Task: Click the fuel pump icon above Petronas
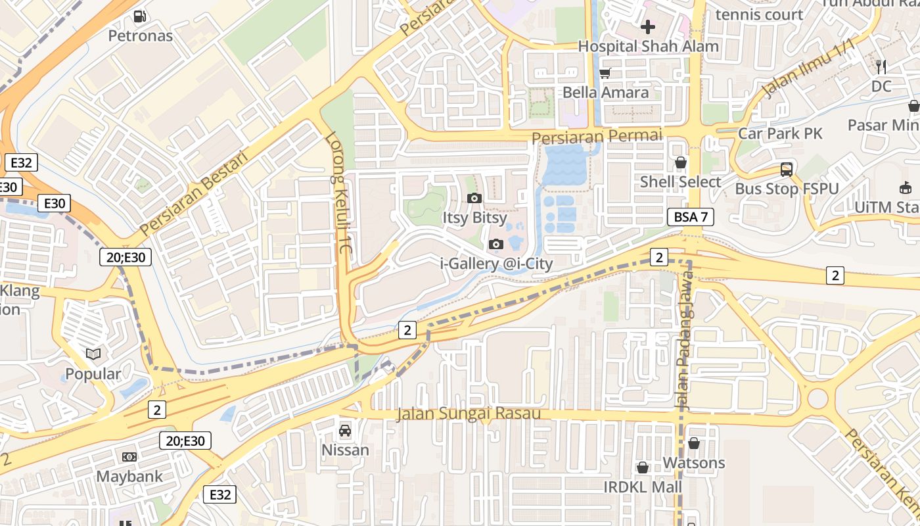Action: pyautogui.click(x=139, y=16)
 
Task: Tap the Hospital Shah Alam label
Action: pyautogui.click(x=648, y=47)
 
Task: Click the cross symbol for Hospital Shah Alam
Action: pyautogui.click(x=648, y=27)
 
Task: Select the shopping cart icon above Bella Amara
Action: pyautogui.click(x=605, y=73)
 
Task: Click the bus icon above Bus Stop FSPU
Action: pyautogui.click(x=786, y=169)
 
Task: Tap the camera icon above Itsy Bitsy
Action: pyautogui.click(x=474, y=198)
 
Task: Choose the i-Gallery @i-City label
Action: pyautogui.click(x=496, y=264)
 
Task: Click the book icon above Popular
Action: pyautogui.click(x=93, y=354)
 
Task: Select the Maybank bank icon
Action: pyautogui.click(x=129, y=456)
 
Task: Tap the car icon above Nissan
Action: pyautogui.click(x=344, y=431)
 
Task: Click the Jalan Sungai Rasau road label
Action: pyautogui.click(x=469, y=414)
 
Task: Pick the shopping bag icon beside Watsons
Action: pyautogui.click(x=693, y=443)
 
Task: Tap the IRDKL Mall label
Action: pyautogui.click(x=643, y=487)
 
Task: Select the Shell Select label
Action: pyautogui.click(x=680, y=182)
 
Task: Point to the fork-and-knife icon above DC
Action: pyautogui.click(x=881, y=66)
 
